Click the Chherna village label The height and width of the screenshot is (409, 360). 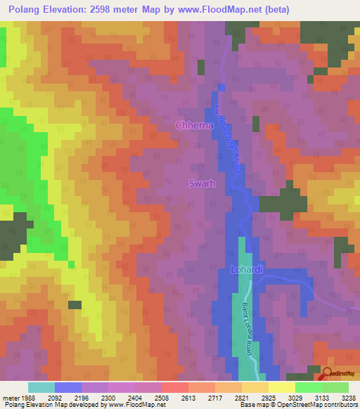(x=194, y=125)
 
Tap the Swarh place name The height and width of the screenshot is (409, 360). (x=201, y=184)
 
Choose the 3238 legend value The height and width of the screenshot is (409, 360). (x=349, y=397)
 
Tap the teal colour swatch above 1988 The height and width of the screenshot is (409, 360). (x=41, y=387)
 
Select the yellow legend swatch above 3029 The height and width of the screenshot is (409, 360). (x=281, y=387)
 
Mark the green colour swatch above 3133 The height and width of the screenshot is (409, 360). (x=308, y=387)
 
